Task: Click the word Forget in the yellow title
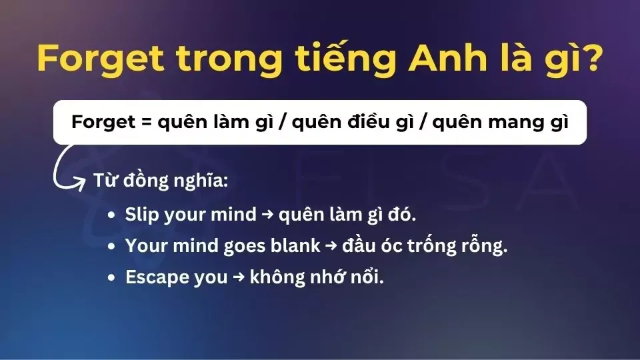[101, 60]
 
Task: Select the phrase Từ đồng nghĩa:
[143, 181]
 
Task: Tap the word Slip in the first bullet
[140, 215]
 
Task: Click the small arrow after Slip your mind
[267, 215]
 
